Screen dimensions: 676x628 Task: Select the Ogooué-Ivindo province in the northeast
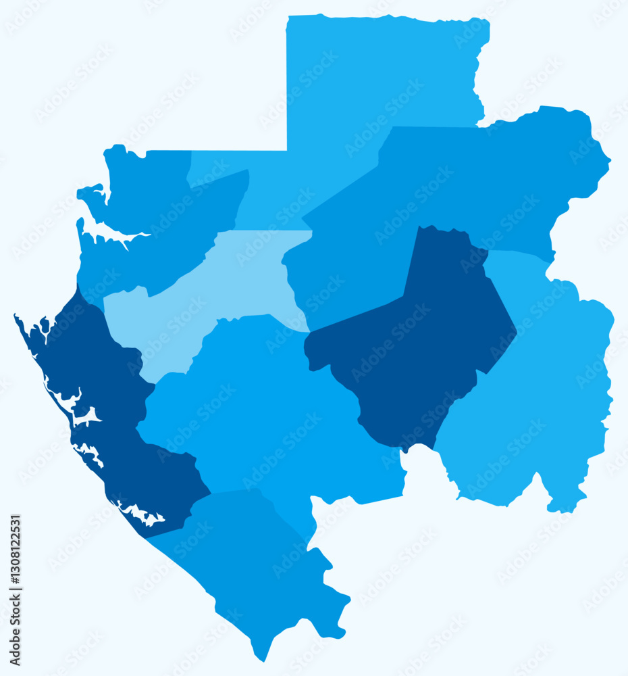[459, 183]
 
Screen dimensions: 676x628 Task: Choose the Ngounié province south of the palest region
[270, 406]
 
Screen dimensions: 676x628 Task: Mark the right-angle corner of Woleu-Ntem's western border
[287, 151]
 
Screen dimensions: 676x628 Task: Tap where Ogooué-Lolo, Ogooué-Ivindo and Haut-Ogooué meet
[487, 251]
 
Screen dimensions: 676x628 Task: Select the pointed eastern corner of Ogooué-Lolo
[517, 331]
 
